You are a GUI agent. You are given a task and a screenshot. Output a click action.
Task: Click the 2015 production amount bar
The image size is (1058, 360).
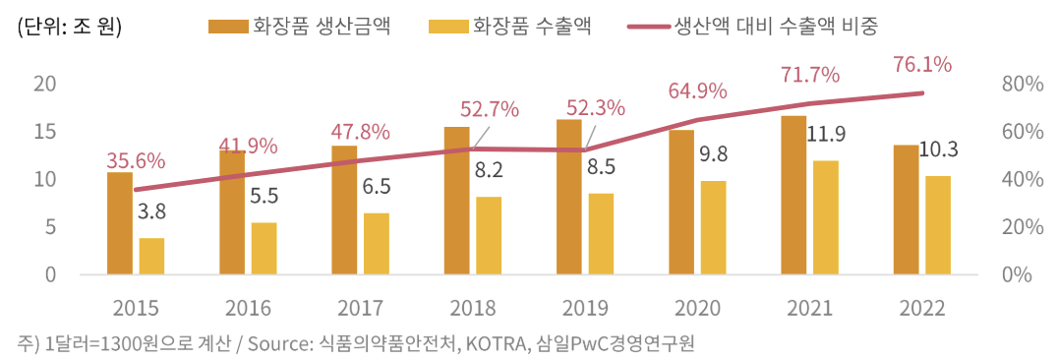[120, 223]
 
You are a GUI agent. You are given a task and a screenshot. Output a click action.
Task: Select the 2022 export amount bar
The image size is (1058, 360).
[938, 225]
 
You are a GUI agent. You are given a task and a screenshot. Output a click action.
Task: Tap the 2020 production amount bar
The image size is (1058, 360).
[681, 203]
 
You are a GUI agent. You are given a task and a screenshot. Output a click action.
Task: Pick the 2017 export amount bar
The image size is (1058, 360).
[377, 244]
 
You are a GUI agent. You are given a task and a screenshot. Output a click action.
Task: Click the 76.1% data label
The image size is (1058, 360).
[921, 65]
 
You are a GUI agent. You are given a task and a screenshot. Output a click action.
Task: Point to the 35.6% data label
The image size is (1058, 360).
[136, 160]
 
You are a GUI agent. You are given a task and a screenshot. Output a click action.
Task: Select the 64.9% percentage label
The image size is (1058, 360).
[697, 90]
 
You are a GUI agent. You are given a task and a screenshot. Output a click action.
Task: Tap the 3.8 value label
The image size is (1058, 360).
[151, 211]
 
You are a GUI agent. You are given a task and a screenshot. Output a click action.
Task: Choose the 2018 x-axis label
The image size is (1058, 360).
[472, 308]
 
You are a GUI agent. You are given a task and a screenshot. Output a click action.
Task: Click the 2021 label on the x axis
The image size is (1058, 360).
[809, 308]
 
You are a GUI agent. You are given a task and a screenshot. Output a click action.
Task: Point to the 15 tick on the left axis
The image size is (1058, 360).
[42, 132]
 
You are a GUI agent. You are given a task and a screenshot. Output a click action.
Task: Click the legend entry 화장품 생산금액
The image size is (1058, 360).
[300, 27]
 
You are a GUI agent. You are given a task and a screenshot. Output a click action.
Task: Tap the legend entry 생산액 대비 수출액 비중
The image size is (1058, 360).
[756, 27]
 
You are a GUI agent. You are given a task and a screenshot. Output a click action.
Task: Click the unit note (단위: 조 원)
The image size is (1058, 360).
[66, 27]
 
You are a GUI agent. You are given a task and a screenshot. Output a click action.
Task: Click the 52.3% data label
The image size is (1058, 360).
[595, 107]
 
